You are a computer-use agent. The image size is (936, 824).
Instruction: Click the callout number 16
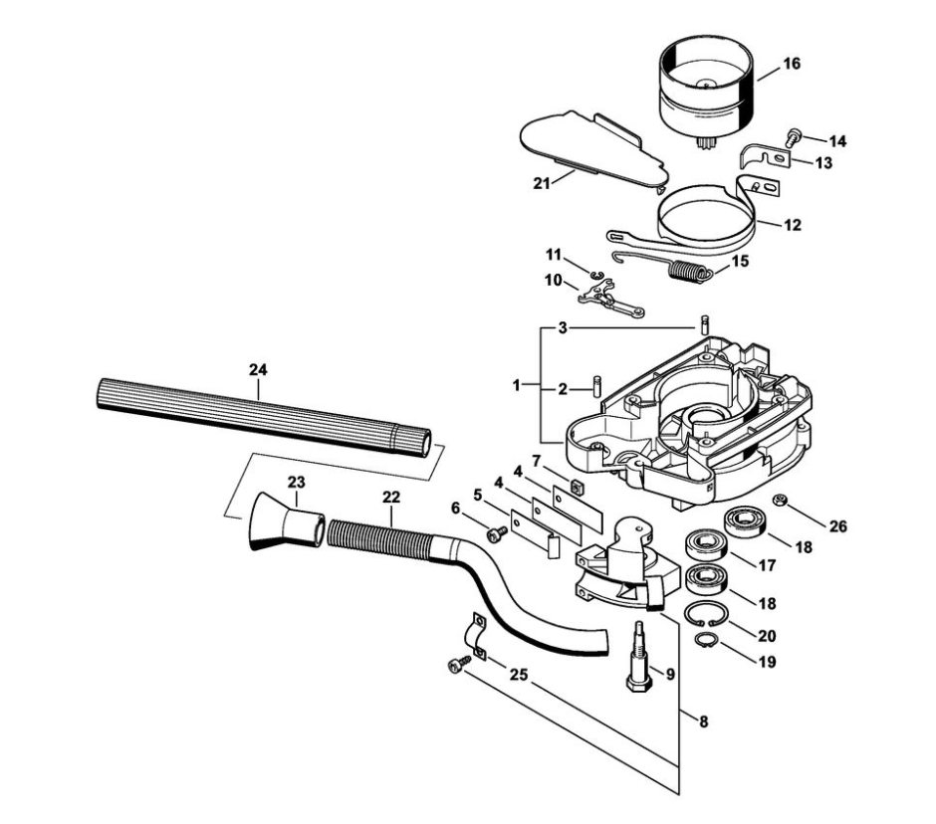792,64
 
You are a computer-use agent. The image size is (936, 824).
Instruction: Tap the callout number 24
258,370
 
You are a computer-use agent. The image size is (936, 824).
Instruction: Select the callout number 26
838,525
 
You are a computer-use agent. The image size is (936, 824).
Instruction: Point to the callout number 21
542,183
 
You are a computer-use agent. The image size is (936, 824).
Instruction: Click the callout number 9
670,675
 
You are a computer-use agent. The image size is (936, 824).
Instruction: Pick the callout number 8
704,721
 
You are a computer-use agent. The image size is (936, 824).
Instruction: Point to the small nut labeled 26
779,500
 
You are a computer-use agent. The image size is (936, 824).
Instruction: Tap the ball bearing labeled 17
706,546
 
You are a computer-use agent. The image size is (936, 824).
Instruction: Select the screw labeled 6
496,534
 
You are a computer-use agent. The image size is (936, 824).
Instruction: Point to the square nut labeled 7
577,488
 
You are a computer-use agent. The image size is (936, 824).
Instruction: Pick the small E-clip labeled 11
595,275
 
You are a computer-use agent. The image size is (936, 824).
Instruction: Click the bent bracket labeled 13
766,157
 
